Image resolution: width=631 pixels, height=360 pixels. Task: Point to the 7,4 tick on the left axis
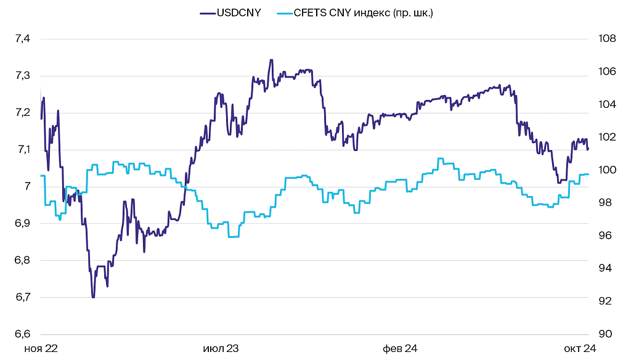tap(23, 39)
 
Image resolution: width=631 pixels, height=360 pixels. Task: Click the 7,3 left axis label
tap(23, 76)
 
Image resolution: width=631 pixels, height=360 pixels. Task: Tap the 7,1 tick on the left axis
tap(23, 150)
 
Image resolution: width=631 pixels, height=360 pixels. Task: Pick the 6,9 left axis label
tap(23, 223)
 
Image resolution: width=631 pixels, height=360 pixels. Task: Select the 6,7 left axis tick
tap(23, 297)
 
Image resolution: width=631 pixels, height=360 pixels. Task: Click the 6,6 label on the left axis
tap(23, 334)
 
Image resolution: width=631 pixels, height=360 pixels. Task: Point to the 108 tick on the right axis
tap(607, 39)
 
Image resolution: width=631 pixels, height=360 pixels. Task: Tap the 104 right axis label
tap(607, 104)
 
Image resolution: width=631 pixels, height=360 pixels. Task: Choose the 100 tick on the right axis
tap(607, 170)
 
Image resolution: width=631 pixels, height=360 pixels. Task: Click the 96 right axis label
tap(607, 235)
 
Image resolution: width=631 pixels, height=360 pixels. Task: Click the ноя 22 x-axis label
tap(41, 349)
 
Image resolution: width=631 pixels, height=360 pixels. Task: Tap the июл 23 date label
tap(221, 349)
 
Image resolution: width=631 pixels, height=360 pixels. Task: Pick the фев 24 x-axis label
tap(400, 349)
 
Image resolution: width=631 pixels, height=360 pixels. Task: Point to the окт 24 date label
tap(580, 349)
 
